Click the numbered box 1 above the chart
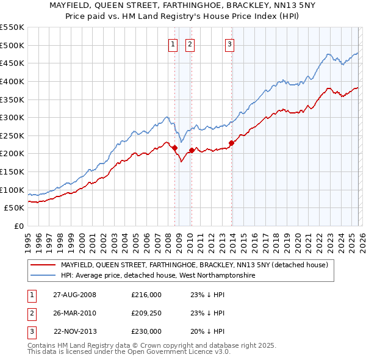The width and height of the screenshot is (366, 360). point(173,44)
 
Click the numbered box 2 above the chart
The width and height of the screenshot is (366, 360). point(190,44)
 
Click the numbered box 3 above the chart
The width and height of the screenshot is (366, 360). point(229,44)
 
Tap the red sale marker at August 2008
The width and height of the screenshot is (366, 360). point(174,148)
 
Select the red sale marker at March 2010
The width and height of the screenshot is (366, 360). point(192,150)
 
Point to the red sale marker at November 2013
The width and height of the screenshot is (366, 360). point(231,143)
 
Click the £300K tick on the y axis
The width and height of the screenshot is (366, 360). point(12,117)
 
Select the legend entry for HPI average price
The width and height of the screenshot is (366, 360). point(157,276)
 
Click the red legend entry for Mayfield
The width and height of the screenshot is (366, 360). point(194,265)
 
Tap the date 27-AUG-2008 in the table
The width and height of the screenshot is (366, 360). point(74,295)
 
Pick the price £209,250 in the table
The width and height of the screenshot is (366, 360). point(146,313)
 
